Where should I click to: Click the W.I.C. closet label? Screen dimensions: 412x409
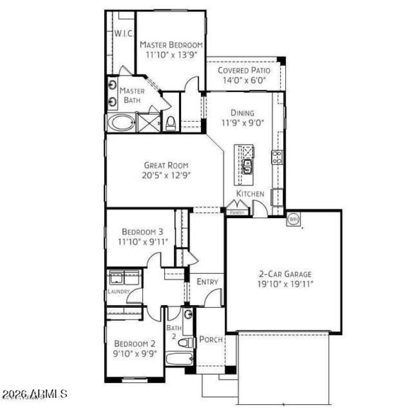[123, 34]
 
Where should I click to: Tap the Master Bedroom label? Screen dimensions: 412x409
[171, 45]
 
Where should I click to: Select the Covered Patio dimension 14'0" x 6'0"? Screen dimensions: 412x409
[243, 80]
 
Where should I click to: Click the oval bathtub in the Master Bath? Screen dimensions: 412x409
[121, 123]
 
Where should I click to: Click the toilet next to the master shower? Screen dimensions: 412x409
[171, 123]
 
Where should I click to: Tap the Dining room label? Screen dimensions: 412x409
[242, 113]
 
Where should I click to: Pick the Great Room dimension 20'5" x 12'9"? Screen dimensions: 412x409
[166, 175]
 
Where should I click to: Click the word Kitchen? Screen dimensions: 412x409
[250, 194]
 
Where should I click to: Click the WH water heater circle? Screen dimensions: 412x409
[293, 218]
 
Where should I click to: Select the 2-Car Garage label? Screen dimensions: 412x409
[284, 274]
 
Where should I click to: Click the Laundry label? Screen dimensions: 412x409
[118, 292]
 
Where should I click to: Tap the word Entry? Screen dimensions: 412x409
[208, 282]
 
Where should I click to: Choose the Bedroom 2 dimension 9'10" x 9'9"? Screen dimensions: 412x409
[135, 353]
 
